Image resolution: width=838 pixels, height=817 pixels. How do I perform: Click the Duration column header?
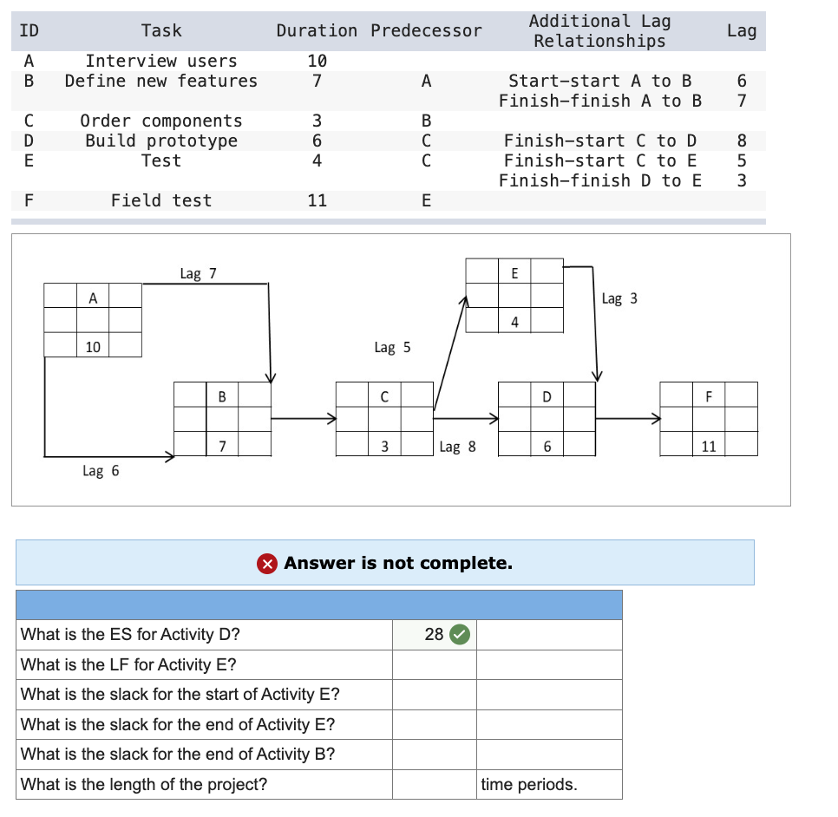click(316, 30)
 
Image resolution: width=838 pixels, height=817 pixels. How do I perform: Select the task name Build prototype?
click(160, 141)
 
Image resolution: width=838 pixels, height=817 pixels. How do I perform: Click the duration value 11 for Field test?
click(317, 200)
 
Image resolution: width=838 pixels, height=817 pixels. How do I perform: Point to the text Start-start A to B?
click(599, 81)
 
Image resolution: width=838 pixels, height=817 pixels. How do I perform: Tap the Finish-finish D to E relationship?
click(599, 180)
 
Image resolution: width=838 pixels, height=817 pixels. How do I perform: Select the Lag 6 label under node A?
click(101, 471)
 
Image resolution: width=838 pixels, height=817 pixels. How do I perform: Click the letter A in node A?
click(93, 297)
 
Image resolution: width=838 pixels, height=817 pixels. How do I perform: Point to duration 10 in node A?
click(93, 347)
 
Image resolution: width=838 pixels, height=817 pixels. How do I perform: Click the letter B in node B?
click(222, 397)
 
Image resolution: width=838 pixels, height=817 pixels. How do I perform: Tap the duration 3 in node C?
click(384, 447)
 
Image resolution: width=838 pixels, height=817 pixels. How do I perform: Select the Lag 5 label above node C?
click(392, 348)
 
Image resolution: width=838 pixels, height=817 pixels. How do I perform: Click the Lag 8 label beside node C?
click(457, 448)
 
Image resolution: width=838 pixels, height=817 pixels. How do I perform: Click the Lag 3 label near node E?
click(619, 298)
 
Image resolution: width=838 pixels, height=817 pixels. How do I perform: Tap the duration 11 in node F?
click(709, 447)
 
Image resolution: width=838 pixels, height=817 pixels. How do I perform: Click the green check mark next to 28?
click(461, 635)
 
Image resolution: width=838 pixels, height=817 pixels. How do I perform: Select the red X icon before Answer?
click(267, 564)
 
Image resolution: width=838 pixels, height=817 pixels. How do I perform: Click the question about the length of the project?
click(144, 785)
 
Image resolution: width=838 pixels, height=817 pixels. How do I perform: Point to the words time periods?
click(528, 785)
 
